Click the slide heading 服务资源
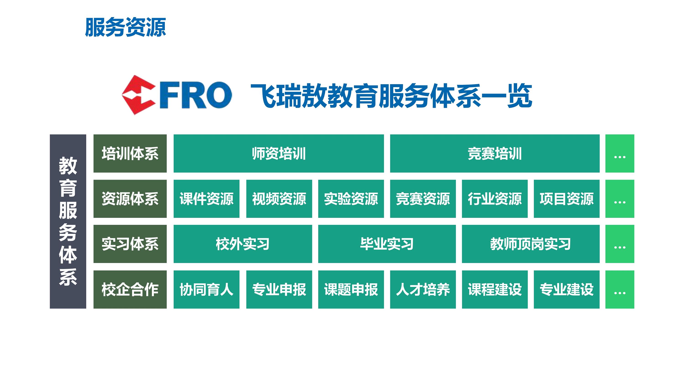(x=126, y=27)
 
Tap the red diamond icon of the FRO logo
(x=139, y=95)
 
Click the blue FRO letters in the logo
(x=196, y=95)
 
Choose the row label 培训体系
(x=130, y=153)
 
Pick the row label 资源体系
(x=130, y=199)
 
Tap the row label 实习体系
(x=130, y=244)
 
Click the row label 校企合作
(x=130, y=289)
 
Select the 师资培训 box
(x=279, y=153)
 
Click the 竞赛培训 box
(x=495, y=153)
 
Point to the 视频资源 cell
(x=279, y=199)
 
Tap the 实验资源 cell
(x=351, y=199)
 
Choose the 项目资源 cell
(x=567, y=199)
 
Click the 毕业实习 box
(x=387, y=244)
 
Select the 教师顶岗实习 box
(x=531, y=244)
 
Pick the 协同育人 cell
(x=207, y=289)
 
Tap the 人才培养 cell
(x=423, y=289)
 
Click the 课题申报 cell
(x=351, y=289)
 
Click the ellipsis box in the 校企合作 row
(x=620, y=289)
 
